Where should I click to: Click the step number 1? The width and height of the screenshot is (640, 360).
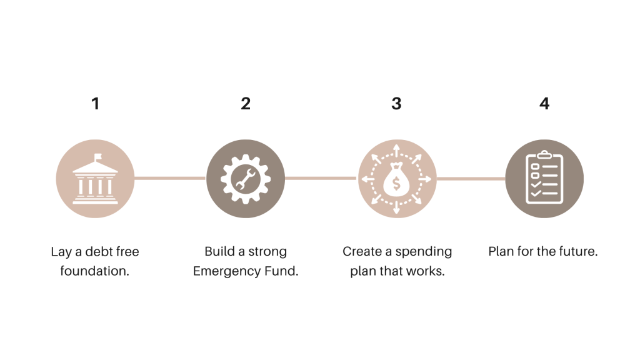coord(95,104)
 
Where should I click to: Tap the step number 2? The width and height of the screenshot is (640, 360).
coord(246,104)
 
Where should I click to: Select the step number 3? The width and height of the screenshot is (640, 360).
coord(396,104)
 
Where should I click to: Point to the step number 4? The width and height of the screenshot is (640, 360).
coord(544,104)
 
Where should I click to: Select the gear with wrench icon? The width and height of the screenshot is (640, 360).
coord(246,179)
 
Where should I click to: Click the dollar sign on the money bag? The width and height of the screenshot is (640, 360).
coord(396,182)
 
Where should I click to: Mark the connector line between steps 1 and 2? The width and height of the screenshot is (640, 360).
coord(170,178)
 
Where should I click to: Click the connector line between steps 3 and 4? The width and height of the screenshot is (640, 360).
coord(471,178)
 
